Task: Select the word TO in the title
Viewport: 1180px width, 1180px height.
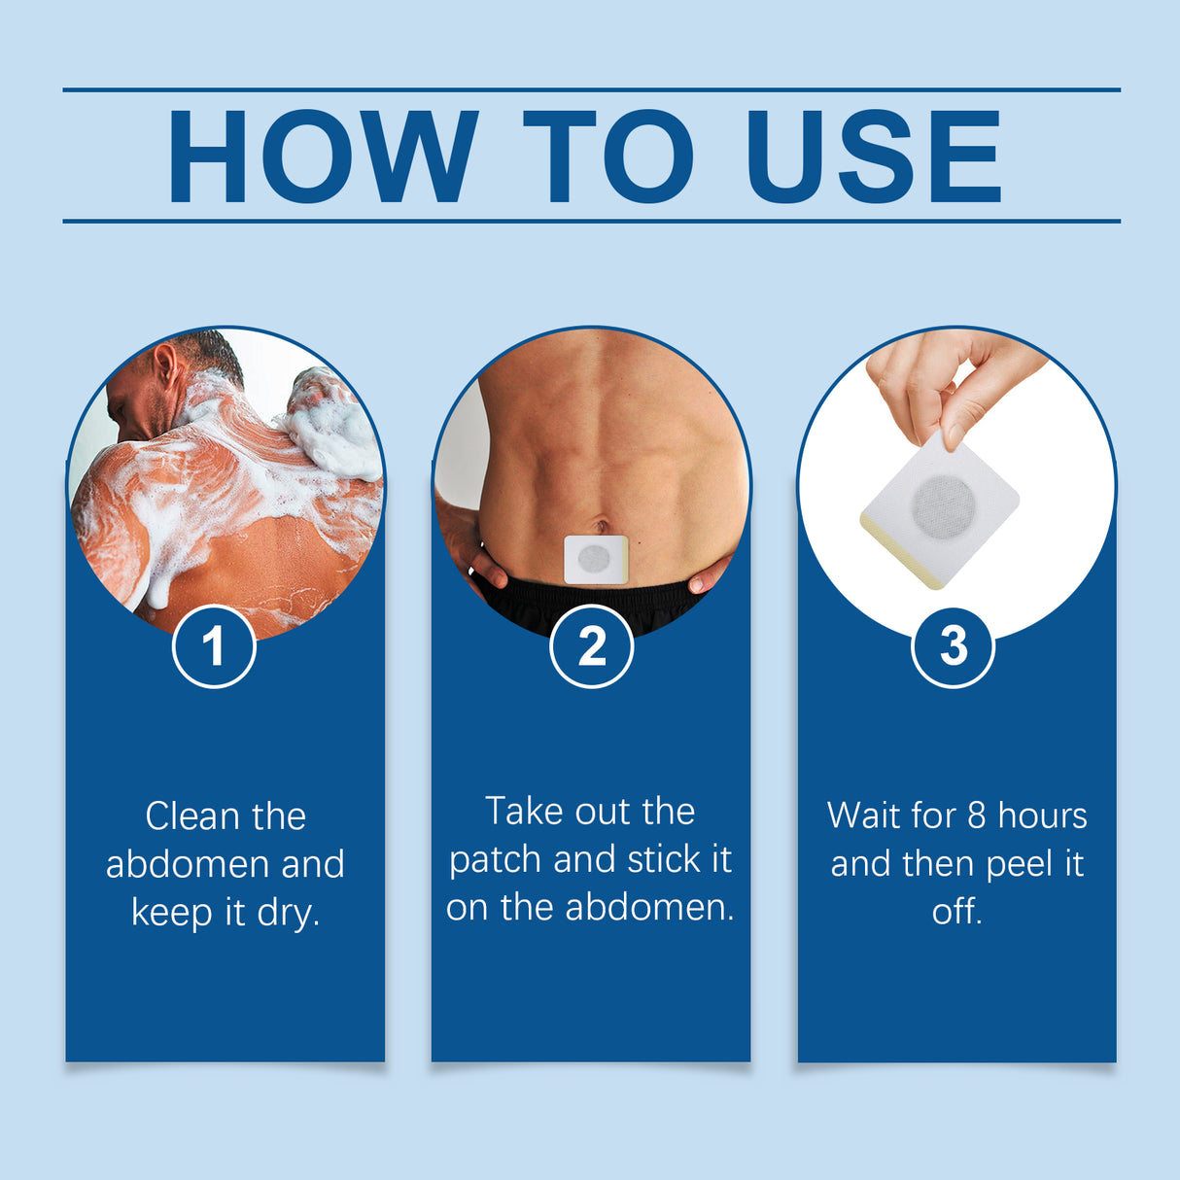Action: (608, 156)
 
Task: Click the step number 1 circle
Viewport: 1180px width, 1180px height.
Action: (214, 646)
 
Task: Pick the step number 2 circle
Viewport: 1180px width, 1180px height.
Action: (591, 646)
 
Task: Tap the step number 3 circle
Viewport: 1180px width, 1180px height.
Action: (954, 646)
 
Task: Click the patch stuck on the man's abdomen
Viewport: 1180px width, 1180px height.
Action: (595, 559)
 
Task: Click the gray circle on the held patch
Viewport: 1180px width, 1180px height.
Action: (943, 505)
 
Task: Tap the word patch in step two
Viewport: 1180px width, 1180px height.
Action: (496, 860)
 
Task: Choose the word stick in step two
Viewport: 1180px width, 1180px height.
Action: (665, 859)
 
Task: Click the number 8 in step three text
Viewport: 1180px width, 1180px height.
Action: (977, 816)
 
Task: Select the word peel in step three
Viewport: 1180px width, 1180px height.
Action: (1020, 863)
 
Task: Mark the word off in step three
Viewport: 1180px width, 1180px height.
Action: (956, 912)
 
